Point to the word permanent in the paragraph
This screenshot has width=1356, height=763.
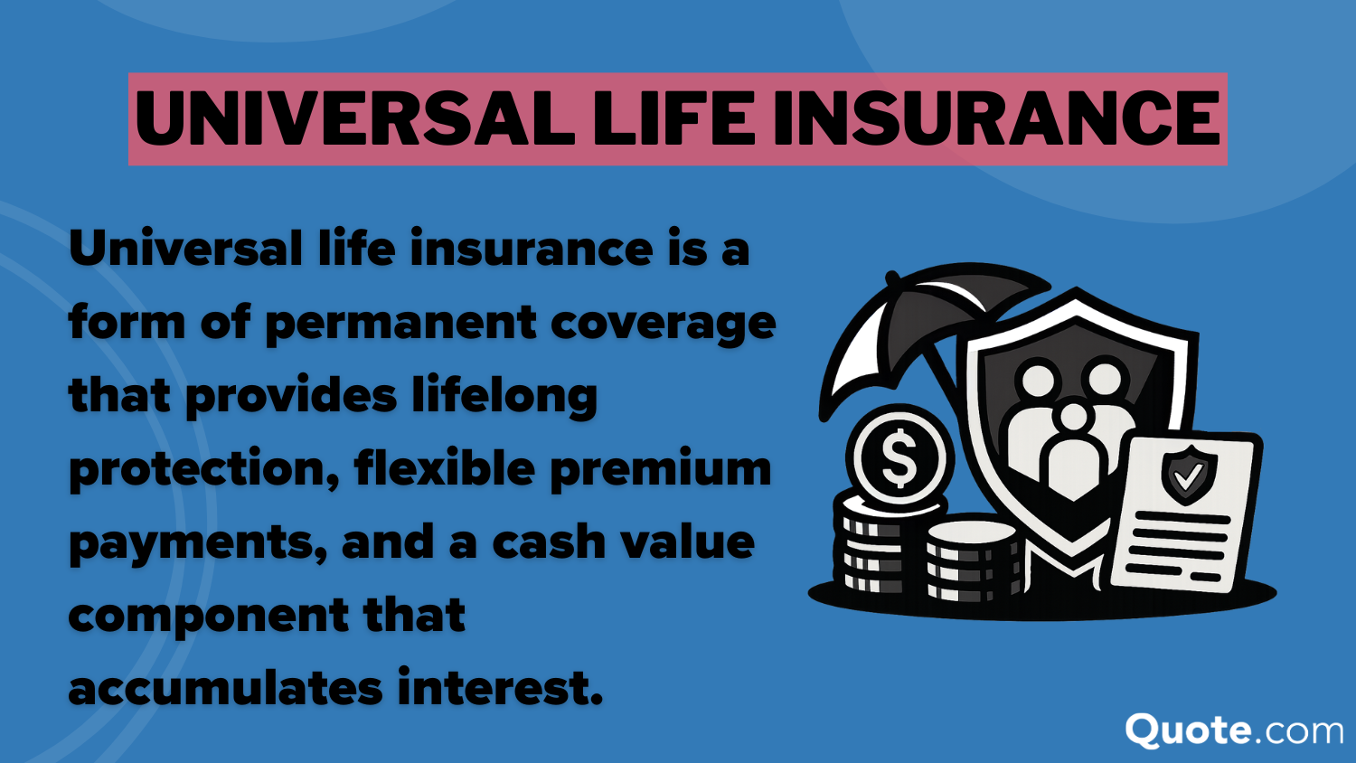tap(399, 323)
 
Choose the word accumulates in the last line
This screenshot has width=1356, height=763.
tap(225, 688)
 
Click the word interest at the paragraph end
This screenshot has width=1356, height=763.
tap(499, 688)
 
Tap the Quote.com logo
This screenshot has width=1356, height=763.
tap(1233, 730)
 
